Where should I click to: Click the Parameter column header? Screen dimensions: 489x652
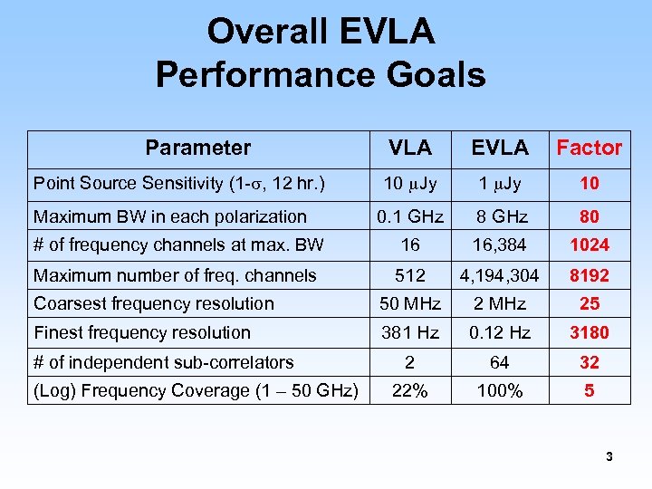click(197, 148)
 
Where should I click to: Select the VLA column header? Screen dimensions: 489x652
click(410, 148)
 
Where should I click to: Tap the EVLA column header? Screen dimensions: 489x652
click(500, 148)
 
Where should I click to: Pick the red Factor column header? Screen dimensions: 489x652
click(589, 148)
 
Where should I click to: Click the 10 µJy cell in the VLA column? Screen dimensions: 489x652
click(410, 184)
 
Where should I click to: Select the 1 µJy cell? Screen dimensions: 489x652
click(500, 184)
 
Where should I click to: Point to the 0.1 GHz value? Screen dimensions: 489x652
click(410, 216)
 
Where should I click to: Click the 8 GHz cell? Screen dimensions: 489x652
click(500, 216)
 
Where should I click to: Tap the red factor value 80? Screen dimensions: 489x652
click(589, 216)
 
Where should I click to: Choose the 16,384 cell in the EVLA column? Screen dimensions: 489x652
click(500, 244)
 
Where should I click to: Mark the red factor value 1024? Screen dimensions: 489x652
click(589, 244)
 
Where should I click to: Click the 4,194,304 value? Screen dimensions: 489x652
click(500, 275)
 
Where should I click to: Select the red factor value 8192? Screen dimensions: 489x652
click(589, 275)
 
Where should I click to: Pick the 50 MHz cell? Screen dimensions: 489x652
click(410, 303)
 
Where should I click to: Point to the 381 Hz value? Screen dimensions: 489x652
click(410, 332)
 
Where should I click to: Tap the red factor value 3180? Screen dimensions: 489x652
click(589, 332)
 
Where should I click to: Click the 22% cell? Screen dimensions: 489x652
click(410, 390)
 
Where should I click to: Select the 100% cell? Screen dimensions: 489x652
click(500, 390)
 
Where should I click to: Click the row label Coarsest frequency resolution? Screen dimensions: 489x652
click(153, 303)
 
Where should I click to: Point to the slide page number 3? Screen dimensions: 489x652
click(609, 457)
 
